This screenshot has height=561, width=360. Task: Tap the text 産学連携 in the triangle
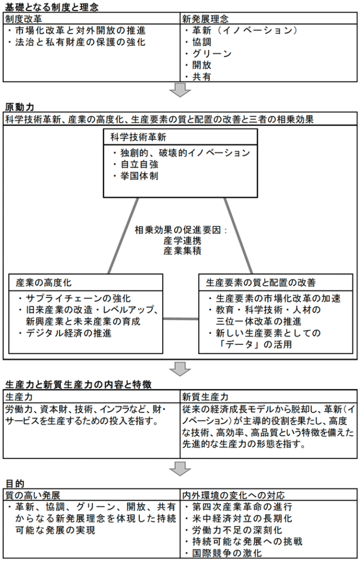[180, 241]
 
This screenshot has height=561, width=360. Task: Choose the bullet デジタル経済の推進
[68, 333]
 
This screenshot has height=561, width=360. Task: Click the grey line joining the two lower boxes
[181, 318]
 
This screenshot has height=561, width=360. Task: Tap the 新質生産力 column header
[205, 396]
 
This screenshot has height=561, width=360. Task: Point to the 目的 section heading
[15, 483]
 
